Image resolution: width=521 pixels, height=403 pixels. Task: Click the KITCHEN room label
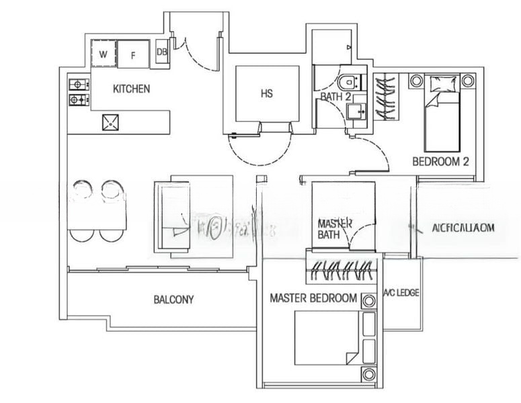[131, 89]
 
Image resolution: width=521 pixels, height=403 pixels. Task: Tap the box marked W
[104, 54]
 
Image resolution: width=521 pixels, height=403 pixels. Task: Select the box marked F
[133, 54]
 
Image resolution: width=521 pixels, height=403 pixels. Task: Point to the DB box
[162, 52]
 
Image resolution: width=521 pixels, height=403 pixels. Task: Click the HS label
[266, 93]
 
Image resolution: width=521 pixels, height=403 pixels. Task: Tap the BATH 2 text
[335, 97]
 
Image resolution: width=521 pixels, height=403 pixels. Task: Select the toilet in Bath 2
[349, 82]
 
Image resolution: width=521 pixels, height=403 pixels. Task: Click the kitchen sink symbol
[110, 122]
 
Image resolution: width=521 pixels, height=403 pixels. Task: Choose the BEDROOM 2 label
[440, 162]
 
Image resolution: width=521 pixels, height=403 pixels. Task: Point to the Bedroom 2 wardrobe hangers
[386, 97]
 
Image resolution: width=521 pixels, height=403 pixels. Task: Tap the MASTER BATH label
[330, 228]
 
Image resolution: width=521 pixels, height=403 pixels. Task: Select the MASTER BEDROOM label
[313, 298]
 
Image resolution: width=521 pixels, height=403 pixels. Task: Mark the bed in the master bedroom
[327, 338]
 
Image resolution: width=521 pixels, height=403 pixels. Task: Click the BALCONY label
[173, 300]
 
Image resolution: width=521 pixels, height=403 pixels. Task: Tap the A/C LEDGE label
[402, 293]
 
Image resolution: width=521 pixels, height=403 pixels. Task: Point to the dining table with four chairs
[97, 212]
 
